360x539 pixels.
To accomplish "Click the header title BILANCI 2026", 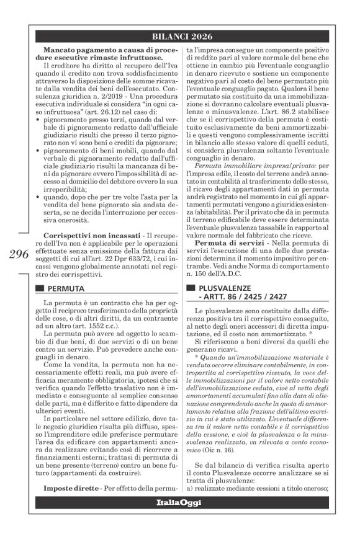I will point(180,36).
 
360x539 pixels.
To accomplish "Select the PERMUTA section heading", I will point(65,289).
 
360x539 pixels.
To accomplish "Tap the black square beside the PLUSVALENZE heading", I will point(190,289).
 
